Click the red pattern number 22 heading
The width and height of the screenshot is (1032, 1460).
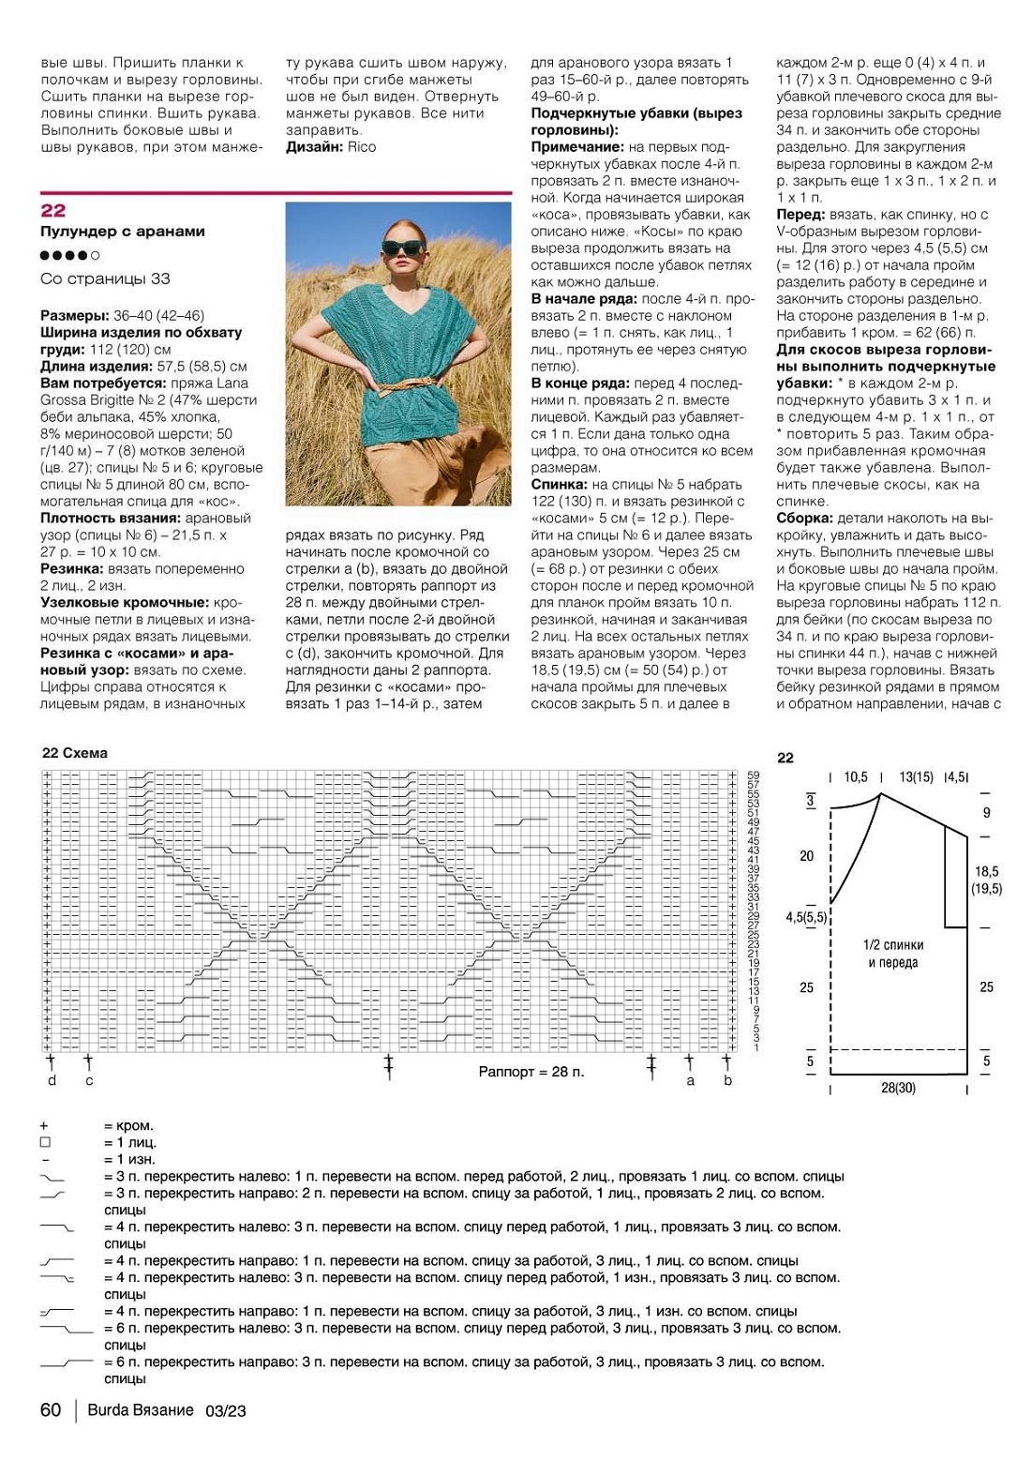coord(53,211)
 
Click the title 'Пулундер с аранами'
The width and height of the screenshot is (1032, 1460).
coord(123,232)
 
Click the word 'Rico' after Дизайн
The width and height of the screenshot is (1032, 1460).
coord(361,147)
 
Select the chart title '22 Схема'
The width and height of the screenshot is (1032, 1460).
coord(75,753)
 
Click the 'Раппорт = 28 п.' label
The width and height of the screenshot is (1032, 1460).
coord(531,1072)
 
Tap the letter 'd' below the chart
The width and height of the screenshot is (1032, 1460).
coord(52,1080)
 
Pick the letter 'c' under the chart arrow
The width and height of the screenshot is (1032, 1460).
coord(89,1080)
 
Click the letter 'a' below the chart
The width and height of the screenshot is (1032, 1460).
coord(691,1080)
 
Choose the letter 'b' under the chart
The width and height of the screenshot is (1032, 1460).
coord(727,1080)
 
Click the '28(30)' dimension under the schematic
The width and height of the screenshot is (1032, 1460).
coord(898,1088)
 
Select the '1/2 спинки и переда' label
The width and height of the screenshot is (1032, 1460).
coord(893,954)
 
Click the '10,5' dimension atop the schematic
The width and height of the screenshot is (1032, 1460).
coord(856,777)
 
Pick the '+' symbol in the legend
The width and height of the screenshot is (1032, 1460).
coord(44,1126)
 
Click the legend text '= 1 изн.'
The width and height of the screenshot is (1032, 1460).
coord(129,1160)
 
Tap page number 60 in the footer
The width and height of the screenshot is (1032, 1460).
coord(51,1410)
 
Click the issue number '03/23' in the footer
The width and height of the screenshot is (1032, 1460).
coord(226,1410)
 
